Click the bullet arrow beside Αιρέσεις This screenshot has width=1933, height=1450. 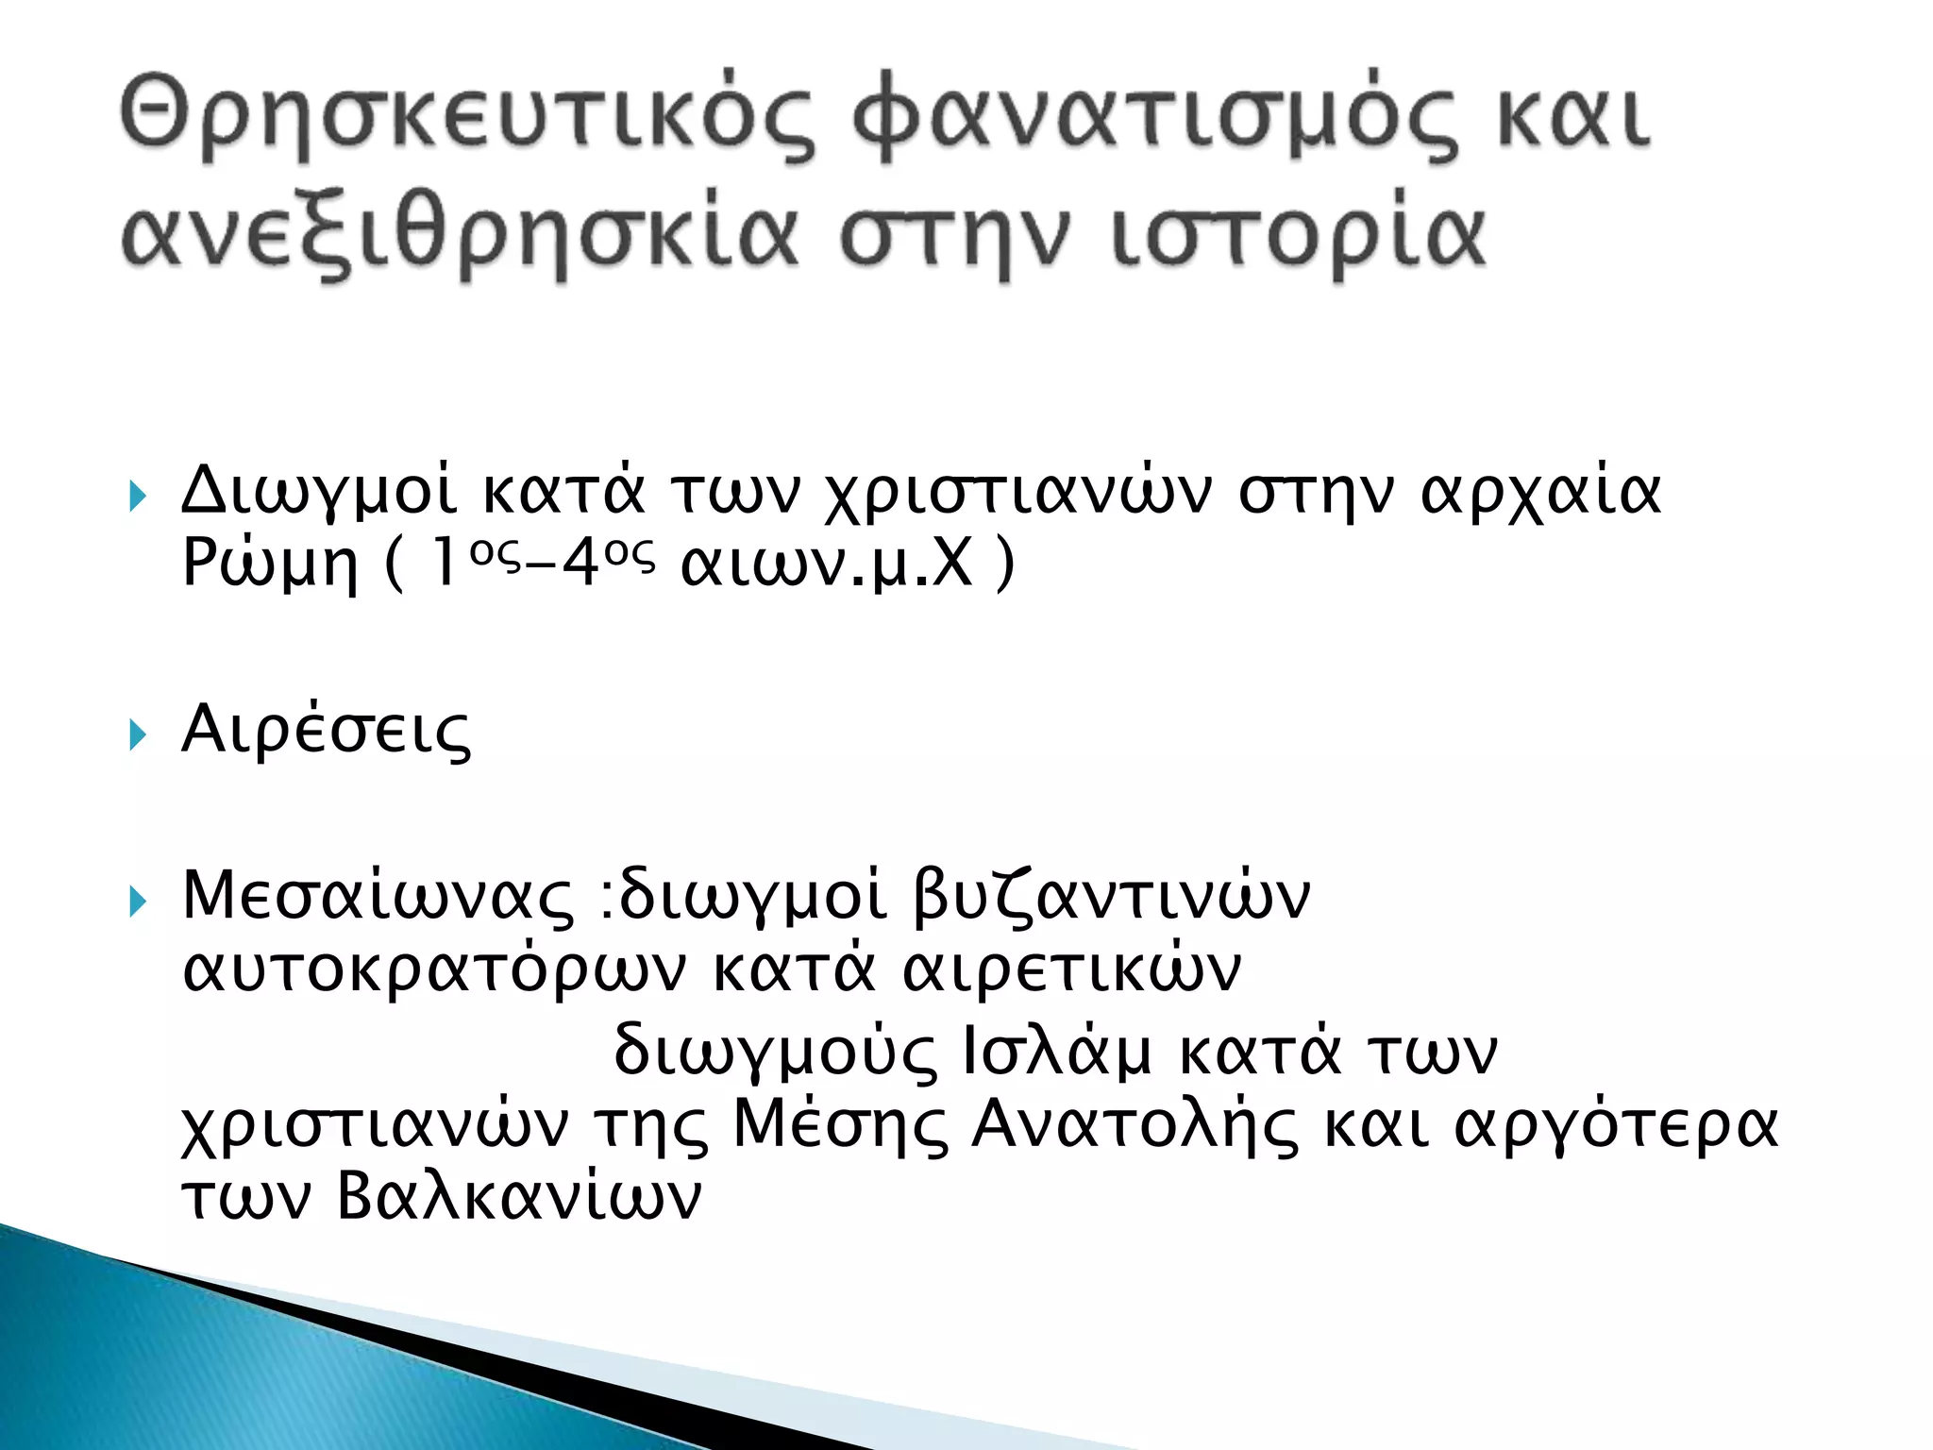tap(139, 734)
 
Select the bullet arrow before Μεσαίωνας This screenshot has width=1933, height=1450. tap(139, 902)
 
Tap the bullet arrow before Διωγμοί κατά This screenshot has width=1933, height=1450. tap(139, 496)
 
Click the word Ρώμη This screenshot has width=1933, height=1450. tap(270, 565)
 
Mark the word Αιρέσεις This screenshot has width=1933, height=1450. tap(326, 731)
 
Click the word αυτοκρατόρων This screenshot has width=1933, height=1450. tap(434, 970)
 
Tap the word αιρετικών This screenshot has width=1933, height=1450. tap(1072, 970)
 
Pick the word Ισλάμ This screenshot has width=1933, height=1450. tap(1057, 1050)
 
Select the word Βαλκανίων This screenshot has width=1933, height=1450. tap(519, 1197)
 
